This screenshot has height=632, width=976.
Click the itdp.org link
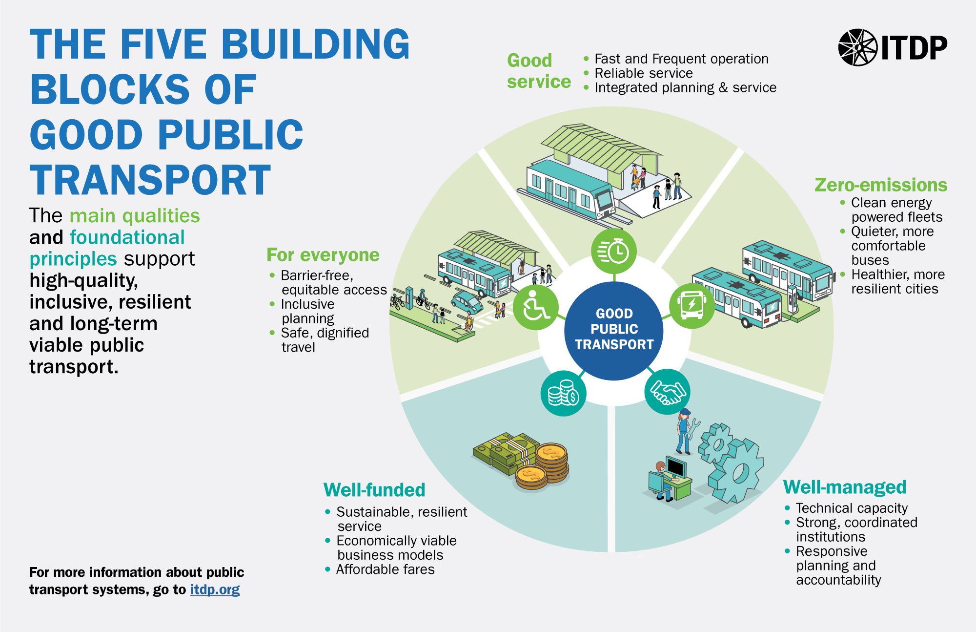215,590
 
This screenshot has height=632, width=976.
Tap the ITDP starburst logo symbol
857,47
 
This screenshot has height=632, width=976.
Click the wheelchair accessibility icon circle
535,307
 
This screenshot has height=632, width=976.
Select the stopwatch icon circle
614,252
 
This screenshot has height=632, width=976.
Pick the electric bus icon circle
691,306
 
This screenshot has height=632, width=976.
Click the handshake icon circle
667,392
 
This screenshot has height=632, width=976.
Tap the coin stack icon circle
563,394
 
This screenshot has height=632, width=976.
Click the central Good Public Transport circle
614,330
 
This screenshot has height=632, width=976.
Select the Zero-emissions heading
881,185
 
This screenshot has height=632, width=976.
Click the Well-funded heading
374,489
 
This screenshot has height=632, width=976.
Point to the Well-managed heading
845,487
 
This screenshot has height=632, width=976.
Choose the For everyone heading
323,255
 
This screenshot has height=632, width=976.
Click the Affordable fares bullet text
385,569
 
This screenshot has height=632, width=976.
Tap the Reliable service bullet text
643,73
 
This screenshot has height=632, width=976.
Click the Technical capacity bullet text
852,508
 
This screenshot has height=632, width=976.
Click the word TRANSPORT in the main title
150,180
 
